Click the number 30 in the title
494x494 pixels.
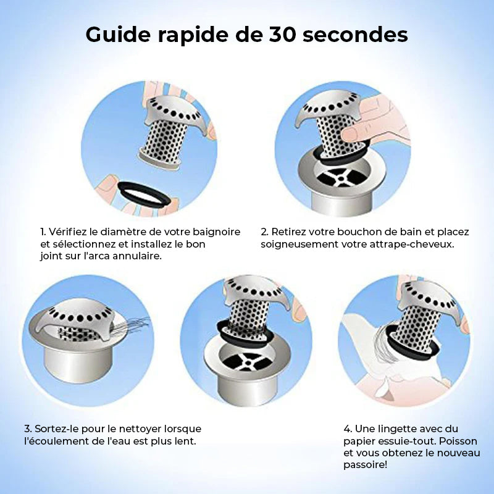point(282,34)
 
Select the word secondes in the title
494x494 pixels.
point(355,34)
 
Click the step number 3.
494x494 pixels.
point(28,429)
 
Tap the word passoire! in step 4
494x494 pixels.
point(365,465)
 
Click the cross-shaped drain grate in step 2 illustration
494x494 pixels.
point(340,178)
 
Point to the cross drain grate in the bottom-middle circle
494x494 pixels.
point(246,362)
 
